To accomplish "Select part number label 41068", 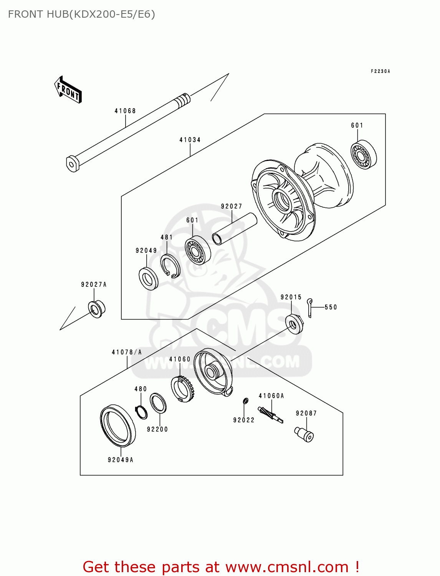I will [x=125, y=111].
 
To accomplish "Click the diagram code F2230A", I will [x=380, y=71].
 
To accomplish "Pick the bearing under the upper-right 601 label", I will [x=363, y=156].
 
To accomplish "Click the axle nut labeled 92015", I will [x=295, y=324].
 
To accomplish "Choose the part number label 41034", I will [x=190, y=140].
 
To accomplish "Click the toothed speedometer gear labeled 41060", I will [x=182, y=388].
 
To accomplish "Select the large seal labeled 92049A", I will [x=117, y=426].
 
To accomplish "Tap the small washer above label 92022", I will [x=245, y=401].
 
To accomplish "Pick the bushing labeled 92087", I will [x=304, y=434].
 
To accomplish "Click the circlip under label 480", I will [x=142, y=412].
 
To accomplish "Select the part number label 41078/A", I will [x=127, y=352].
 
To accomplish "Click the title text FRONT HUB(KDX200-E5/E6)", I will [x=81, y=14].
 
